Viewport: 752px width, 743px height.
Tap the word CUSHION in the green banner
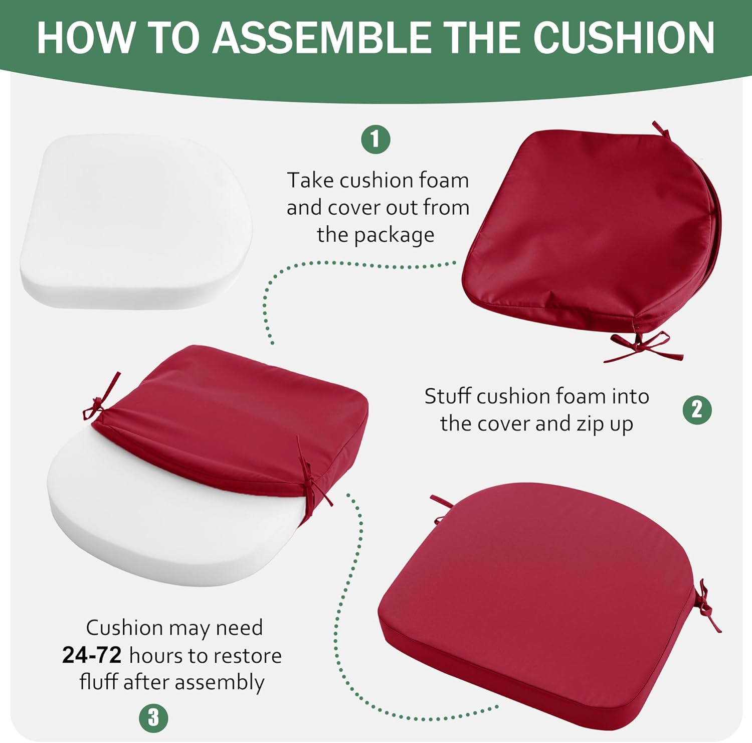click(x=624, y=38)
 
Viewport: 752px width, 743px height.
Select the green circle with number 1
click(x=376, y=139)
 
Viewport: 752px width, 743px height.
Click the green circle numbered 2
click(x=697, y=410)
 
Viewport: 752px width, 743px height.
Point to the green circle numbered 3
click(x=153, y=718)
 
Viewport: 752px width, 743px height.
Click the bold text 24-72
click(x=92, y=655)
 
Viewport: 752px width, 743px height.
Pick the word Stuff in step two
click(x=447, y=396)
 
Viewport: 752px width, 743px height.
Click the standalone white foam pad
click(x=135, y=222)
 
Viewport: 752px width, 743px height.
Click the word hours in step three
click(x=156, y=655)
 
